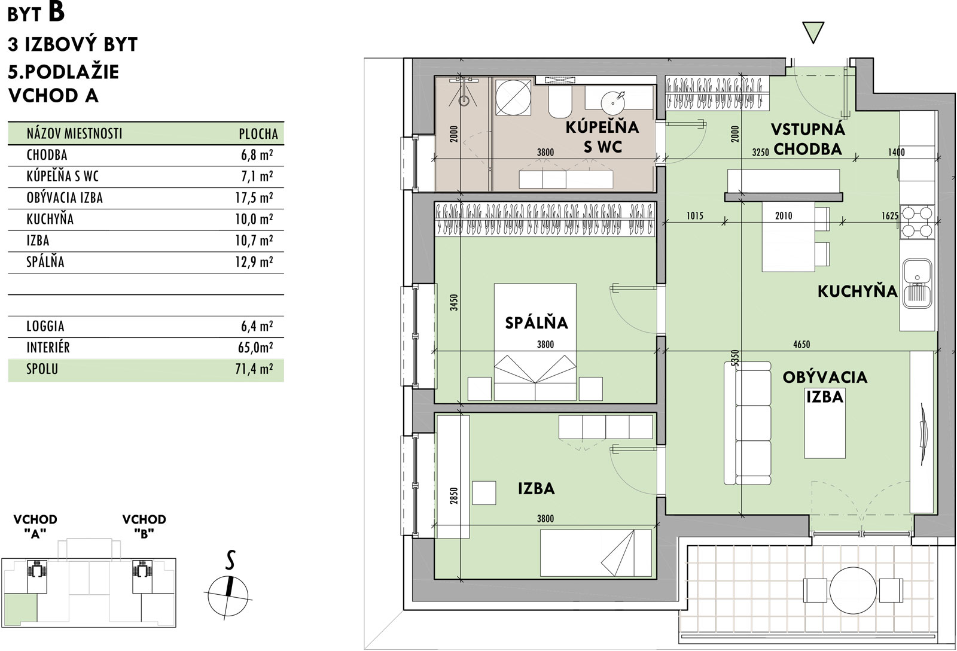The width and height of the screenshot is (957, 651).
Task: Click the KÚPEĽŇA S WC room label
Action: [x=602, y=137]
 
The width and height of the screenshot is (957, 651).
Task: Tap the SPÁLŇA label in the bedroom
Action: [x=536, y=323]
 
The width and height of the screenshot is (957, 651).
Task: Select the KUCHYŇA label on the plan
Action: [x=857, y=291]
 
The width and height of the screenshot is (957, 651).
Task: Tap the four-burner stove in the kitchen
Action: [x=917, y=222]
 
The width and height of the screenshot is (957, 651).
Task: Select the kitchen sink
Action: [x=917, y=284]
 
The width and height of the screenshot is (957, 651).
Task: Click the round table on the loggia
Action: [x=853, y=591]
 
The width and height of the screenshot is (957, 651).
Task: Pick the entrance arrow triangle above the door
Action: [x=813, y=32]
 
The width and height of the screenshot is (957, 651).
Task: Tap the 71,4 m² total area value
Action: [x=254, y=369]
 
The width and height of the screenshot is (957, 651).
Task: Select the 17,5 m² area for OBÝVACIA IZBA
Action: [x=254, y=197]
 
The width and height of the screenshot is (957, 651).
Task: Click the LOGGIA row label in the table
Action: [x=45, y=326]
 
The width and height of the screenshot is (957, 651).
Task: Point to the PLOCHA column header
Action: [x=258, y=134]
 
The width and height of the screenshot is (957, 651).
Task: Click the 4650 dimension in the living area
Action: [x=801, y=345]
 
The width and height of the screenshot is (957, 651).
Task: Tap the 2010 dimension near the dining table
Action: [x=784, y=216]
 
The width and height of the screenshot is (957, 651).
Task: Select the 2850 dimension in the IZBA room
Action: [x=454, y=496]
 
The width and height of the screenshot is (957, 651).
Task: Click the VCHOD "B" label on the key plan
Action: [x=144, y=526]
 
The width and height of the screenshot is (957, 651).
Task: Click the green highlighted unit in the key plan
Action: [x=20, y=608]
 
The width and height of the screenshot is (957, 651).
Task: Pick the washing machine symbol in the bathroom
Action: [x=513, y=98]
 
